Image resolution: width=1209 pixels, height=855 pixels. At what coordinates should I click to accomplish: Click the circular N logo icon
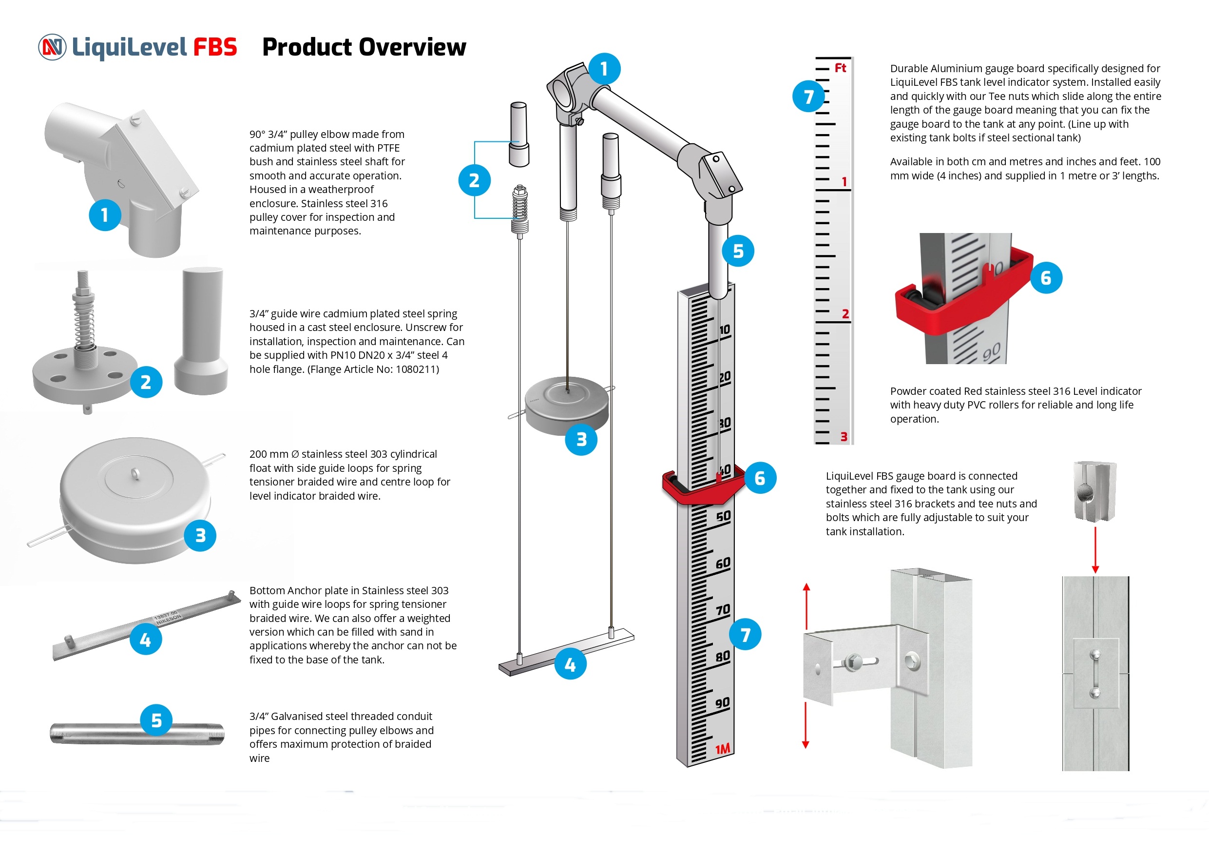(52, 47)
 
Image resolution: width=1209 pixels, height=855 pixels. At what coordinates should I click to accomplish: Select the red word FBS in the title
(215, 47)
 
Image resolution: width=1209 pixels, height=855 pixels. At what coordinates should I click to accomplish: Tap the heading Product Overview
(364, 47)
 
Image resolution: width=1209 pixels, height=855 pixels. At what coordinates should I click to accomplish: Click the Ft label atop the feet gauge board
(840, 68)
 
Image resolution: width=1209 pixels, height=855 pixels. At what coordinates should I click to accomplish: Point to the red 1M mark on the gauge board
(723, 749)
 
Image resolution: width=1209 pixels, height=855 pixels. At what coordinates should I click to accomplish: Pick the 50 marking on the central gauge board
(723, 516)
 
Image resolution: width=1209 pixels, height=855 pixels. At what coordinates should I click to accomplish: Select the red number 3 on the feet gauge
(844, 436)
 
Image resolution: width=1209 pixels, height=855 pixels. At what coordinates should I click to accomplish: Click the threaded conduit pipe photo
(137, 734)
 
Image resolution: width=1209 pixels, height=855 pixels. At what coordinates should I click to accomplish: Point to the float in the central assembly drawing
(567, 405)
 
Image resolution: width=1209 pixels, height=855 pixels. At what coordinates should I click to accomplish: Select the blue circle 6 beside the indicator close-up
(1045, 278)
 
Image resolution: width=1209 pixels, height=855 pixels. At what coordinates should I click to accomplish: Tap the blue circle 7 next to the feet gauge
(808, 97)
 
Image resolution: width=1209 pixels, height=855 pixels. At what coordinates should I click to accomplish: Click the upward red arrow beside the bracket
(806, 606)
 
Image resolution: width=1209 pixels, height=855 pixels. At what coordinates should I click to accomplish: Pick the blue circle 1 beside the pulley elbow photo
(105, 215)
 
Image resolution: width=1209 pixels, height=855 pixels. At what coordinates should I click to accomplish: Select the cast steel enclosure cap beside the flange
(202, 331)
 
